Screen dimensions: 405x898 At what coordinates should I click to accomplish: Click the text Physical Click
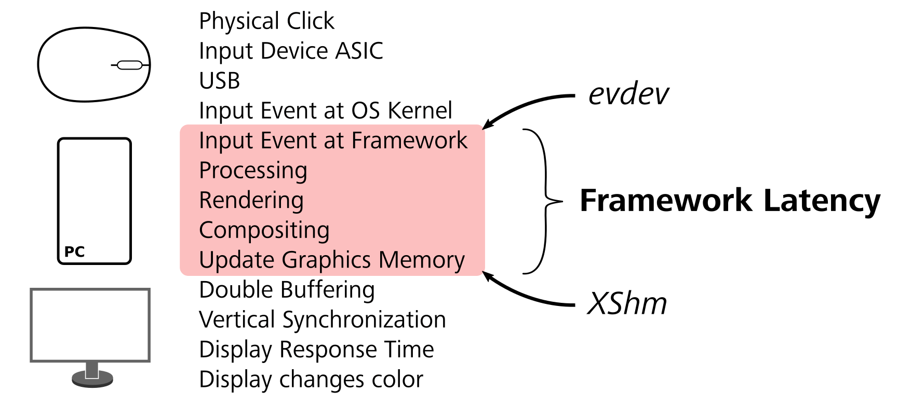266,21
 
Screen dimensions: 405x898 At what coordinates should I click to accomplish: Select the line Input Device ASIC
291,51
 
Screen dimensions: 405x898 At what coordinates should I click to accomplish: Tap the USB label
219,81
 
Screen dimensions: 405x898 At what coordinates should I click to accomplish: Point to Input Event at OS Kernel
325,110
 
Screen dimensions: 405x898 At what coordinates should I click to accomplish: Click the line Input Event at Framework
333,141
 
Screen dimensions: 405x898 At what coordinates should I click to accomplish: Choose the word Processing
253,171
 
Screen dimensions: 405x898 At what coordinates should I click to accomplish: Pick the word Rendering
251,200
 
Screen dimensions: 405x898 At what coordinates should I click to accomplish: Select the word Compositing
264,230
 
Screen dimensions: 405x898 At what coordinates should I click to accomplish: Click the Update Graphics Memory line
331,260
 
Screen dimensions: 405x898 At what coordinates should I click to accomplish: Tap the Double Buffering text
287,290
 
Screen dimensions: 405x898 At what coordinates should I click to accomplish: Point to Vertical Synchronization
322,319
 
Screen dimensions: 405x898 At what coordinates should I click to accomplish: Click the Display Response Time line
316,350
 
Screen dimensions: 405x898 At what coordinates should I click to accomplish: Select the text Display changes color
311,379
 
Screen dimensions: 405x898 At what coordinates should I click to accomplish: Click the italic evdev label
628,94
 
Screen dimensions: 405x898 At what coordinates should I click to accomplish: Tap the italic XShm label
627,303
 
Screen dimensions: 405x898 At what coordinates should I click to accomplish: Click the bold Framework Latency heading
730,201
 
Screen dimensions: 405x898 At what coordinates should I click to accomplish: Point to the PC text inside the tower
74,252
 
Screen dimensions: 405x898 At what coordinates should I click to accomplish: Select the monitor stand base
92,380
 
